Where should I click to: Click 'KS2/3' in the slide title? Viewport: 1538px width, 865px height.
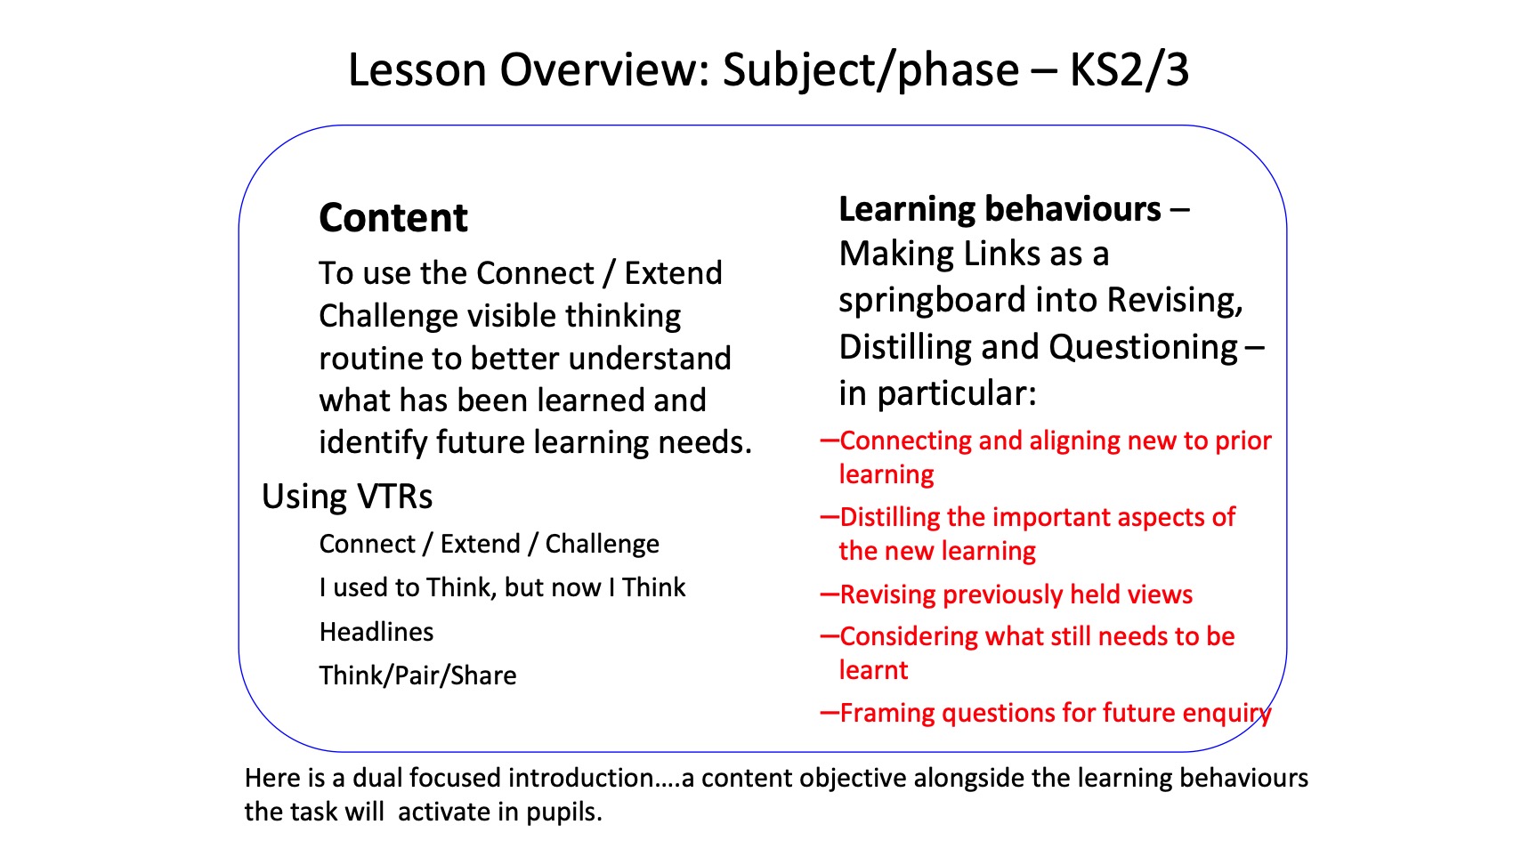(x=1129, y=70)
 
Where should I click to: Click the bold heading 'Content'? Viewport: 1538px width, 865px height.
(x=393, y=218)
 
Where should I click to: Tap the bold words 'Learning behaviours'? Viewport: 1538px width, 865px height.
(x=1000, y=209)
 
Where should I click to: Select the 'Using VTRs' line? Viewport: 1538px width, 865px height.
(x=347, y=497)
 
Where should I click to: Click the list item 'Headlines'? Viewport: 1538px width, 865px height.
(x=376, y=632)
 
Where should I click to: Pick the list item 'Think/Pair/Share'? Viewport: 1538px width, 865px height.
(x=418, y=675)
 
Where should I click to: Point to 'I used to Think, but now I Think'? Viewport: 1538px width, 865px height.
(x=503, y=587)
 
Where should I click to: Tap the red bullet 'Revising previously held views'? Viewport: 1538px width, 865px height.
(x=1016, y=594)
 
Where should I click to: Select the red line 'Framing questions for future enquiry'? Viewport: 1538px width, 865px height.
(x=1056, y=714)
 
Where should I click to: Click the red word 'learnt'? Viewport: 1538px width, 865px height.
(x=874, y=670)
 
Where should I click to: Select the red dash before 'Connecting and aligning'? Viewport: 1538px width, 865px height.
(x=830, y=440)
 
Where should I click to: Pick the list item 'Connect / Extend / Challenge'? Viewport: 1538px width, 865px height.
(x=490, y=544)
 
